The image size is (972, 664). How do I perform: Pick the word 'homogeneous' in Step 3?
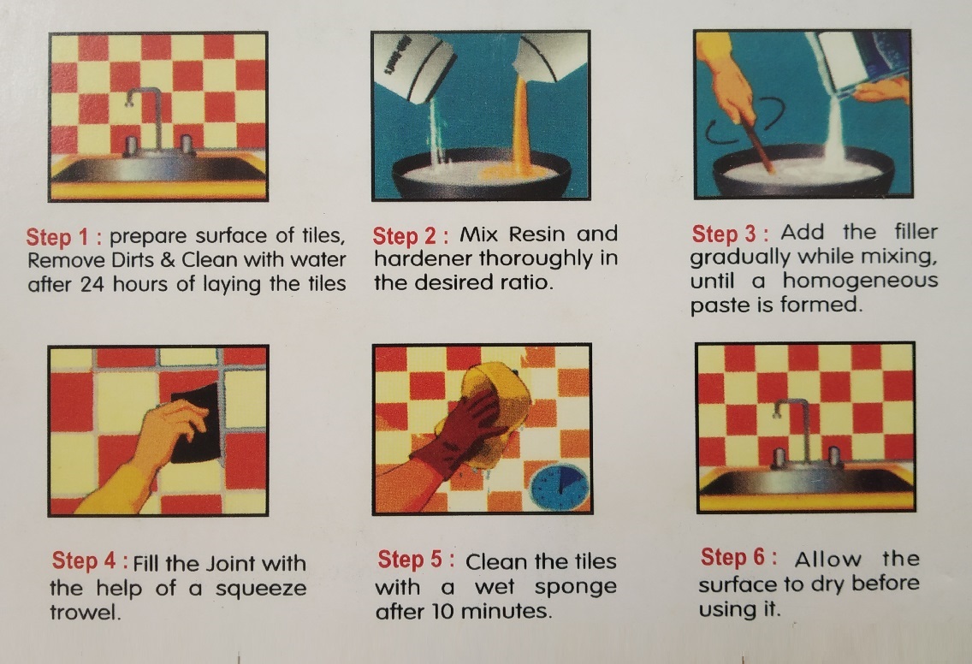coord(861,280)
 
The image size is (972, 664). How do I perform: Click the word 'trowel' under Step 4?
coord(84,613)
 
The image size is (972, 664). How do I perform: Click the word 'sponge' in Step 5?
coord(576,587)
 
